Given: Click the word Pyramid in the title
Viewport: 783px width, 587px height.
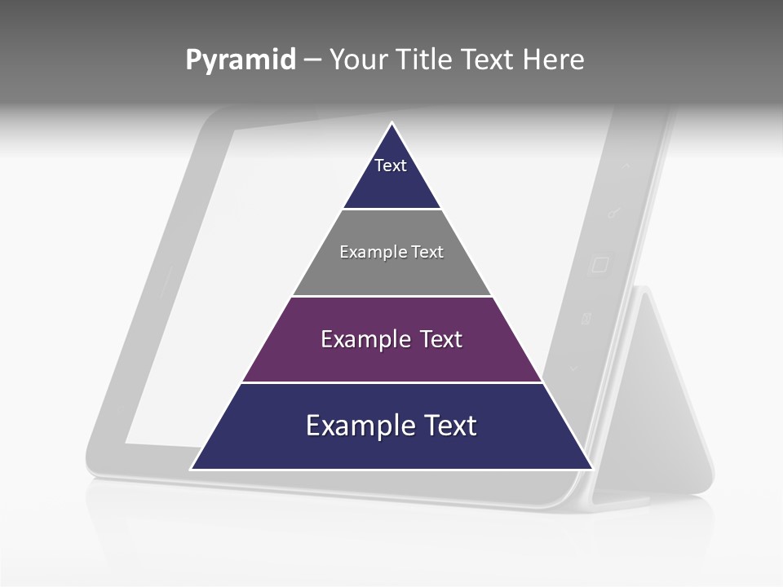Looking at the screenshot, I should pos(241,60).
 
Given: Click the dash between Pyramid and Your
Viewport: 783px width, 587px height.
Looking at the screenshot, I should pos(312,60).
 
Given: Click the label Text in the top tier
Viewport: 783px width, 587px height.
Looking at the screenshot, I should pos(391,166).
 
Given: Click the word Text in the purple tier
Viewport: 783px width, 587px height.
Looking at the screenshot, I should pos(439,339).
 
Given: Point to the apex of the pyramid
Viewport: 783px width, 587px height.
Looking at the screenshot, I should pos(392,124).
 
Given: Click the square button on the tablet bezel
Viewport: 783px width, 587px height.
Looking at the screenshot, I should pos(599,265).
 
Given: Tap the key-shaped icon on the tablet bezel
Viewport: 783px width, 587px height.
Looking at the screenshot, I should pos(614,214).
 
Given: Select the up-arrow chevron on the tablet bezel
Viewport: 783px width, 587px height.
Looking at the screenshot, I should pos(626,166).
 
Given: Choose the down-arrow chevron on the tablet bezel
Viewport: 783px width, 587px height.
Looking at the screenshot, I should pos(573,369).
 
